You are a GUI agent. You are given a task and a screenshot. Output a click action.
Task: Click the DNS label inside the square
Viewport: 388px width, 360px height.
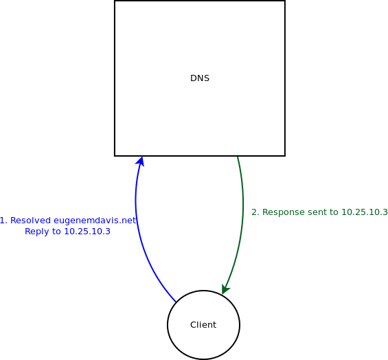[x=200, y=78]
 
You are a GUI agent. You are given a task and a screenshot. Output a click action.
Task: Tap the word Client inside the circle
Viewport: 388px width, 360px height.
[x=203, y=324]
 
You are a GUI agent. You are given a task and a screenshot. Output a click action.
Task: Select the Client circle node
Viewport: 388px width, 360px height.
[x=203, y=325]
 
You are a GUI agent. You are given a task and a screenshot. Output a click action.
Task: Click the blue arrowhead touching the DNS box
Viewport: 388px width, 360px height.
[x=140, y=160]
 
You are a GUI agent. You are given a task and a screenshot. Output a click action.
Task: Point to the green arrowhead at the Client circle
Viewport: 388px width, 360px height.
[x=225, y=289]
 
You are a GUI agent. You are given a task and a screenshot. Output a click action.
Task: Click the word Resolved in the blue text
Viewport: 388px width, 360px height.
[x=30, y=221]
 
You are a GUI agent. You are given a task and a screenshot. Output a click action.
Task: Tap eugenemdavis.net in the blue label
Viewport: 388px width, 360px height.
[x=95, y=221]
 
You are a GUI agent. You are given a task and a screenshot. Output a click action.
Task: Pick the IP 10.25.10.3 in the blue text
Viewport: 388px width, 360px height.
[x=87, y=232]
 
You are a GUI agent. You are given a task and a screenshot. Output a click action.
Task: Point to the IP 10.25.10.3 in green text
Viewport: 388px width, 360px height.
[x=365, y=212]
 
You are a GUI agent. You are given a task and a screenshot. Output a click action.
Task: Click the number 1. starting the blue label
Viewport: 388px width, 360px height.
[x=3, y=221]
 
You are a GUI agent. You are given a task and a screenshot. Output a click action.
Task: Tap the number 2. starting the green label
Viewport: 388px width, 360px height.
[x=255, y=212]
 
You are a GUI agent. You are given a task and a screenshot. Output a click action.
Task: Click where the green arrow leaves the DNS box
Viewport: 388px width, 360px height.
[x=238, y=157]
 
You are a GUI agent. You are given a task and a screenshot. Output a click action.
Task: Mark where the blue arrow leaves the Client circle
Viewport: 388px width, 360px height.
[x=176, y=302]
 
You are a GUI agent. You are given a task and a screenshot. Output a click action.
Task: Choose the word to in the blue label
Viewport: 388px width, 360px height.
[x=56, y=232]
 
